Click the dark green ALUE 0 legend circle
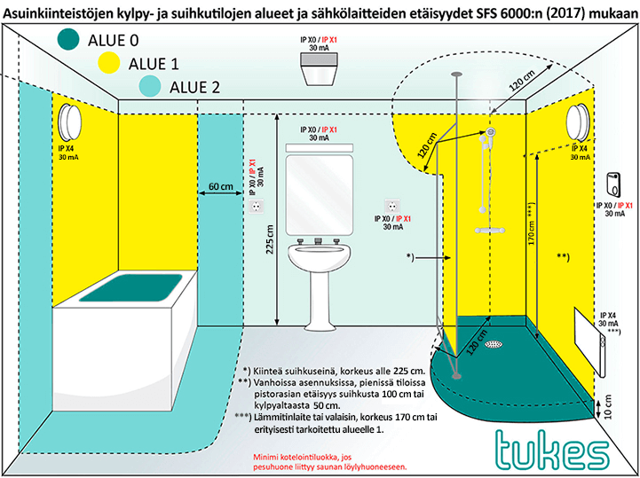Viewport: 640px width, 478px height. point(69,39)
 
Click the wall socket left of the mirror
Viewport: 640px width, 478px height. point(257,205)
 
